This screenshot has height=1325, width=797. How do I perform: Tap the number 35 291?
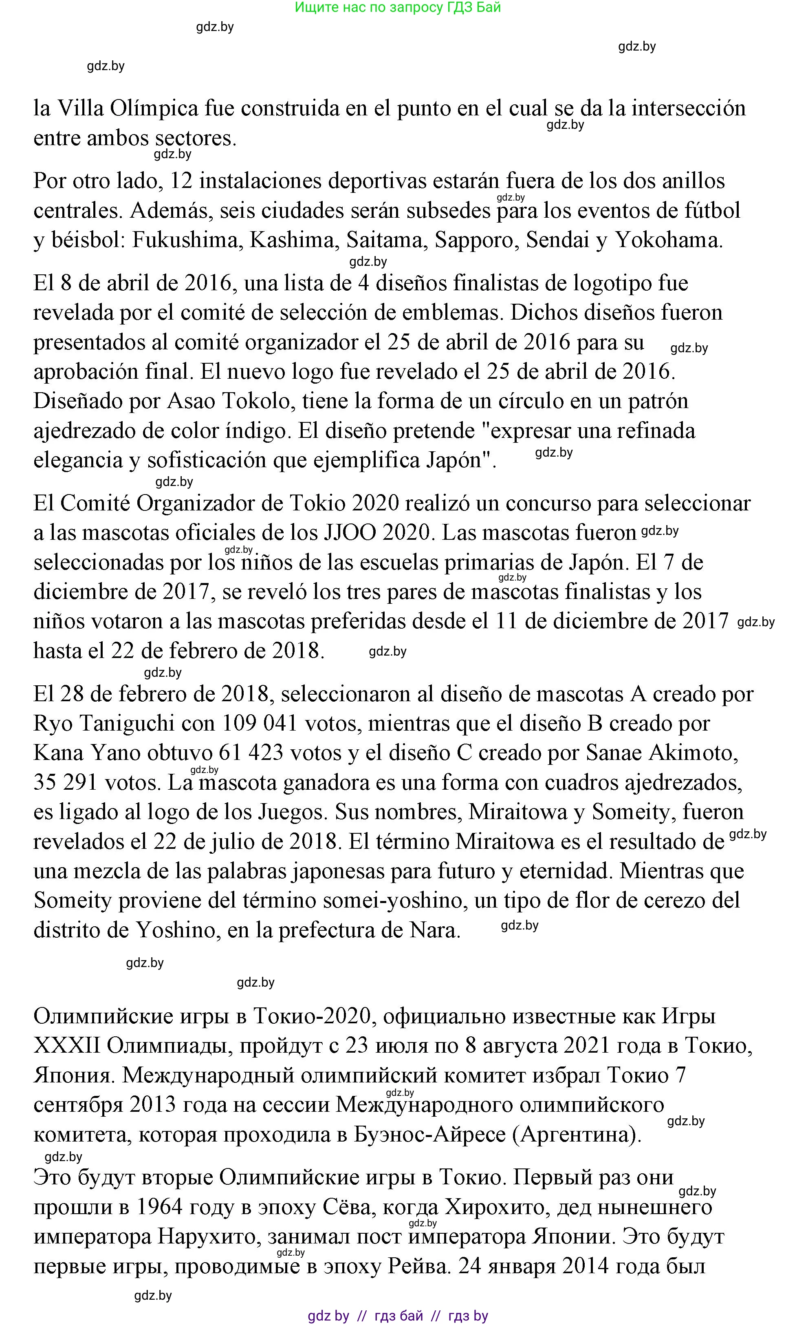click(66, 783)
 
